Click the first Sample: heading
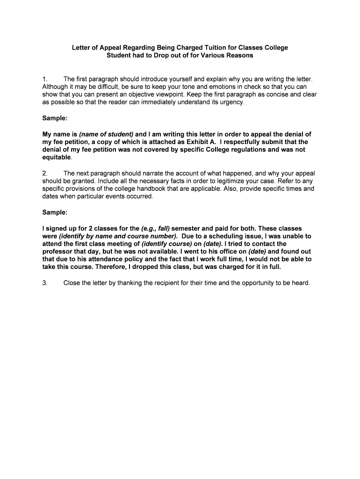tap(55, 119)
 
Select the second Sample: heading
tap(55, 212)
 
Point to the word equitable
tap(57, 157)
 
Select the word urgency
tap(231, 102)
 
